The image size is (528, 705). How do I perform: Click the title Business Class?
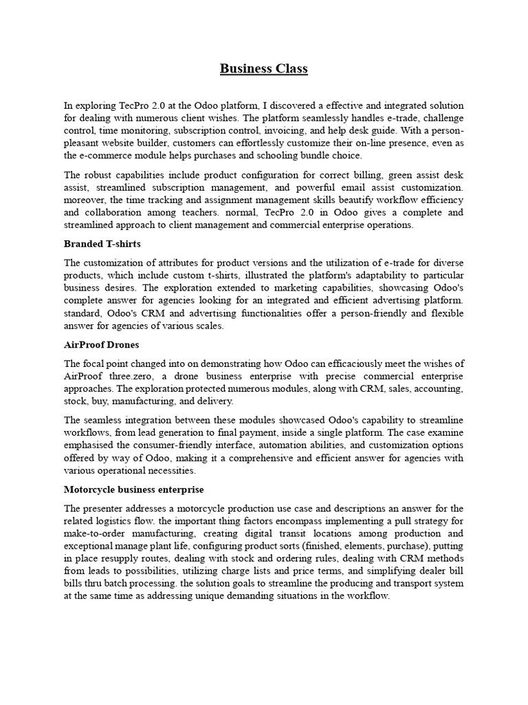pos(264,68)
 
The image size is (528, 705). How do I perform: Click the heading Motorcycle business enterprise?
pos(133,490)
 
